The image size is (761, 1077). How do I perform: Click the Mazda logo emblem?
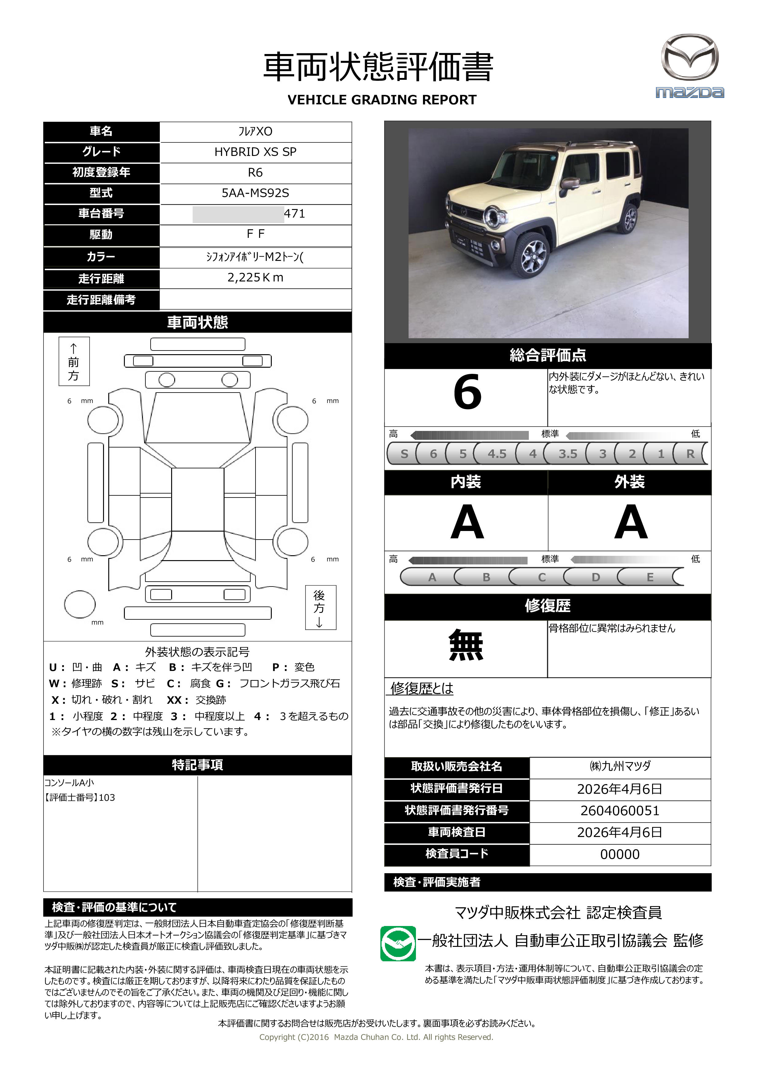coord(689,57)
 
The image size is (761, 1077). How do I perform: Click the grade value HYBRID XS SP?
coord(255,152)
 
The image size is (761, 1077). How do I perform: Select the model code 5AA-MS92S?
coord(255,193)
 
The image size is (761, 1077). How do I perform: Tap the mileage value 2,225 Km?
coord(255,278)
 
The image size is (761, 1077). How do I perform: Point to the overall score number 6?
coord(467,392)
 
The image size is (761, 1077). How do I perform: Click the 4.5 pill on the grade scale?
coord(497,454)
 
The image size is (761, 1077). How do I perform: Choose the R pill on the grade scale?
coord(690,454)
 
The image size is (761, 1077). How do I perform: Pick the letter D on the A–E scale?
coord(595,577)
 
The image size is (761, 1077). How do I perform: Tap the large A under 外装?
coord(631,522)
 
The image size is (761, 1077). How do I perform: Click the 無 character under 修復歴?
coord(466,645)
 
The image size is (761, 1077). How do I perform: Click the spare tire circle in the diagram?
coord(80,604)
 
